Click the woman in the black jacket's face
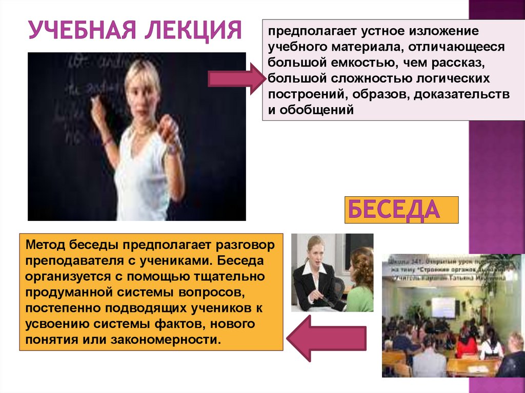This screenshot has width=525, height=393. [x=314, y=250]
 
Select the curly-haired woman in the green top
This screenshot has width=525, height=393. [x=361, y=282]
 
